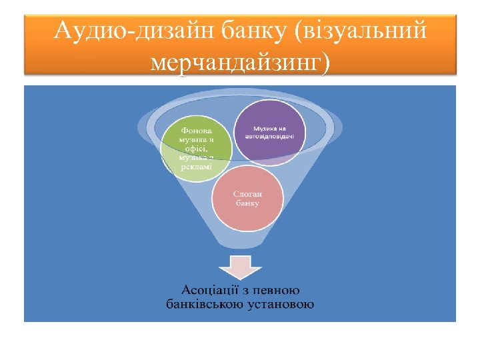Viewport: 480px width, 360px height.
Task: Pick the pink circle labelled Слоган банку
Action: (247, 197)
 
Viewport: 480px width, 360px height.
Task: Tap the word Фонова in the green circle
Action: (196, 130)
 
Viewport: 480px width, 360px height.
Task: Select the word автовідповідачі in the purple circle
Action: (270, 136)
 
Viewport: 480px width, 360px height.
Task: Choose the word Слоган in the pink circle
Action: (247, 193)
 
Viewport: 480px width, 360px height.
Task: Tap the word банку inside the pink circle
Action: (247, 203)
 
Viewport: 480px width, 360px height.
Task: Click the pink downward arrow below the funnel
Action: (239, 266)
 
